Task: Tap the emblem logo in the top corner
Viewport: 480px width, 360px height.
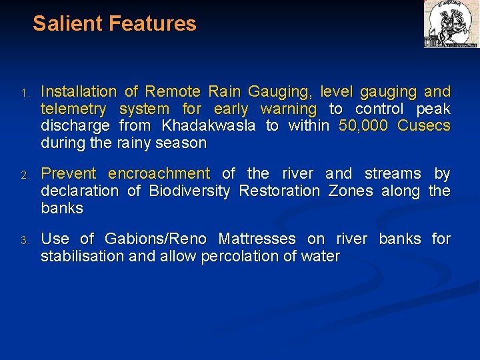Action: pyautogui.click(x=451, y=24)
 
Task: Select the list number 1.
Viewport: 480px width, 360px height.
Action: pyautogui.click(x=23, y=93)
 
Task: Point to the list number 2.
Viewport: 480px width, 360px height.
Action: pyautogui.click(x=23, y=175)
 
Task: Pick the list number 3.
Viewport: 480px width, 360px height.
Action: pyautogui.click(x=23, y=240)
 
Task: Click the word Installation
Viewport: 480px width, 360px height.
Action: pyautogui.click(x=79, y=91)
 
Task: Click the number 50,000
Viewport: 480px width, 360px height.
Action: pyautogui.click(x=363, y=126)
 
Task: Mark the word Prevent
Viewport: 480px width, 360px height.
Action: pyautogui.click(x=69, y=174)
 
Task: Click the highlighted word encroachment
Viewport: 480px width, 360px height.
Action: pyautogui.click(x=159, y=174)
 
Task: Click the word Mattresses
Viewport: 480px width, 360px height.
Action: pyautogui.click(x=257, y=239)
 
